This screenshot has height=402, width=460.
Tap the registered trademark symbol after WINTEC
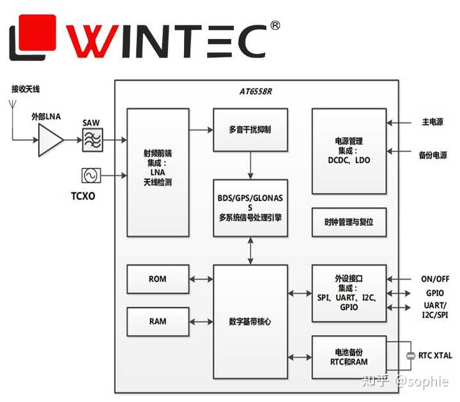click(275, 26)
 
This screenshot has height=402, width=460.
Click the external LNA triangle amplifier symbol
click(50, 140)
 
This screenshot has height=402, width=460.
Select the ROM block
click(158, 279)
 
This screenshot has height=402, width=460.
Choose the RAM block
click(158, 321)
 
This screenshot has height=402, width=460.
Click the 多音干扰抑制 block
click(250, 130)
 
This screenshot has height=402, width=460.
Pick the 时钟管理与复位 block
click(349, 223)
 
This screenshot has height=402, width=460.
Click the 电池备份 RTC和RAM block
click(349, 357)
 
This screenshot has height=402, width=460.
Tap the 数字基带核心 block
click(250, 321)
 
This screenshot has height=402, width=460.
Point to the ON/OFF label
click(434, 279)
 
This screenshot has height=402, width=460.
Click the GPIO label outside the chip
click(434, 293)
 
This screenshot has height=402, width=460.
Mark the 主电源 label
click(432, 122)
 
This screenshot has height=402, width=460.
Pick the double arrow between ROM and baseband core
click(201, 279)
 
